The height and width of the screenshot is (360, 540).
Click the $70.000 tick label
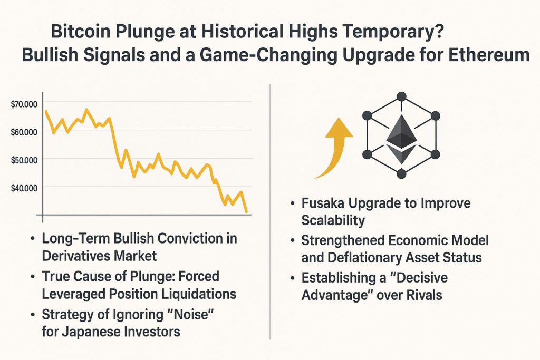coord(24,104)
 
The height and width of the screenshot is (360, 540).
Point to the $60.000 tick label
coord(24,132)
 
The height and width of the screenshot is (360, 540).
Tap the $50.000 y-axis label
coord(24,160)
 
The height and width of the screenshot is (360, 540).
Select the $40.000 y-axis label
coord(24,188)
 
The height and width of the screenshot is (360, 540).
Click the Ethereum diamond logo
coord(401,139)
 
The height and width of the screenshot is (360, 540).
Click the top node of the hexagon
coord(401,96)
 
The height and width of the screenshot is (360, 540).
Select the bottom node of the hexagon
coord(401,173)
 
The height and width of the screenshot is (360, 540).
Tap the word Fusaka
coord(323,203)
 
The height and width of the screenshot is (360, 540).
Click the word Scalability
coord(333,220)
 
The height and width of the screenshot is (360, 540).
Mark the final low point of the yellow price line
coord(247,212)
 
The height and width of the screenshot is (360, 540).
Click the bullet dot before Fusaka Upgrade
coord(292,203)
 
